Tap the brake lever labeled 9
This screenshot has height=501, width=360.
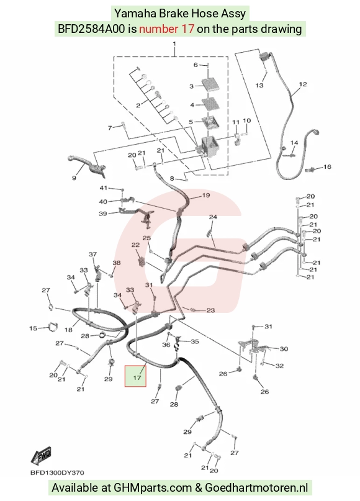[86, 164]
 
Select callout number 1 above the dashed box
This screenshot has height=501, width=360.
[174, 43]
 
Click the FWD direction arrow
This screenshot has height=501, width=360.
[41, 456]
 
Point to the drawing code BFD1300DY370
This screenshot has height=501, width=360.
[58, 472]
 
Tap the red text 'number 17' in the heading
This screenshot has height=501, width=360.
[166, 29]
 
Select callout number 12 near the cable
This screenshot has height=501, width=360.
[303, 84]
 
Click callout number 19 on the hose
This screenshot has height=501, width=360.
[206, 195]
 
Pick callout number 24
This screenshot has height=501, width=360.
[213, 217]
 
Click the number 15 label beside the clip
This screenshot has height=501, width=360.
[34, 328]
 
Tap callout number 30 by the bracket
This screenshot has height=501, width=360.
[284, 349]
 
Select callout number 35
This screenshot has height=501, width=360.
[195, 341]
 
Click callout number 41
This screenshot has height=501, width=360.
[104, 187]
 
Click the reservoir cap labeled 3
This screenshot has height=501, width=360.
[209, 84]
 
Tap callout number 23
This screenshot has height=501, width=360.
[210, 310]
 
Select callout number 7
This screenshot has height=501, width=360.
[110, 127]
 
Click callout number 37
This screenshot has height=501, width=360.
[92, 255]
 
